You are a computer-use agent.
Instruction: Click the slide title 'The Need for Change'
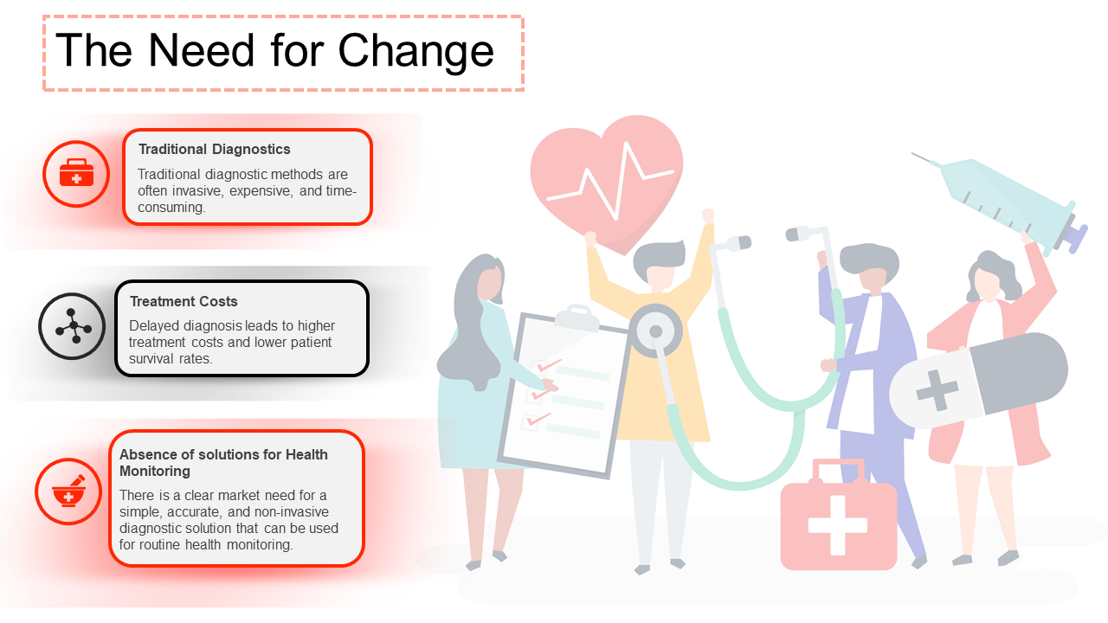[274, 51]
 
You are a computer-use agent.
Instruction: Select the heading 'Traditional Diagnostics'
[215, 150]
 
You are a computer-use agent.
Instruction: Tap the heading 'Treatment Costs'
[184, 302]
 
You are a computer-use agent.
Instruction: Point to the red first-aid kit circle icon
[76, 174]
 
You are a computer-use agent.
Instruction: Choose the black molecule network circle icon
[73, 327]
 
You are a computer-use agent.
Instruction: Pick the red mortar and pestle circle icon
[68, 491]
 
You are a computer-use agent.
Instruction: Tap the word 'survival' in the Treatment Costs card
[151, 358]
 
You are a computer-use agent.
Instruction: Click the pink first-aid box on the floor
[838, 520]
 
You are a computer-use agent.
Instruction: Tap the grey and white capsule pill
[978, 381]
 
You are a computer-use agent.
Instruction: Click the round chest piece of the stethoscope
[655, 332]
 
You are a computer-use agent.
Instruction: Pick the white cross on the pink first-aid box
[837, 524]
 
